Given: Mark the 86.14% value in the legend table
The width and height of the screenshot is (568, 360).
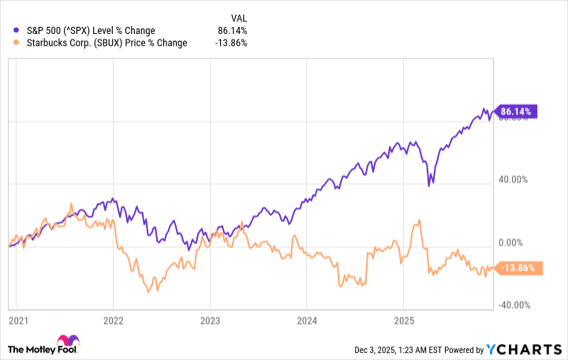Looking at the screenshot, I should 233,30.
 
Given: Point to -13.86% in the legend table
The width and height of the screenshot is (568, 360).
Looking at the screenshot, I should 231,43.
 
